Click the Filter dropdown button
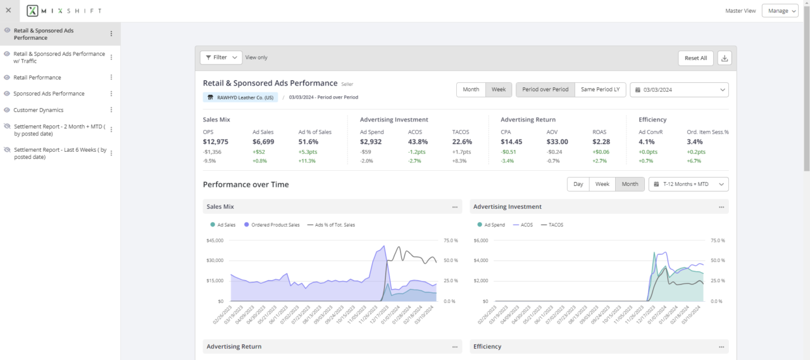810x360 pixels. [221, 58]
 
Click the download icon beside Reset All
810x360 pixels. [725, 58]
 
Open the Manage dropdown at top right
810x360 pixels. [780, 11]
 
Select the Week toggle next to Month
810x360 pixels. [499, 90]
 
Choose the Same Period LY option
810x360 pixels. [600, 90]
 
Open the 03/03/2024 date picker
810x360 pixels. [679, 90]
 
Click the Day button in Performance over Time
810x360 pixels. [578, 184]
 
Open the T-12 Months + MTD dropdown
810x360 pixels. [688, 184]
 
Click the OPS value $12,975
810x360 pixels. [216, 142]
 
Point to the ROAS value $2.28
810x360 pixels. [601, 142]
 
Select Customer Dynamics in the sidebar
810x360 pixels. [39, 110]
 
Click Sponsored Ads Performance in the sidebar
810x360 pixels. [49, 94]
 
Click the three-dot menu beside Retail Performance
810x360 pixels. [111, 77]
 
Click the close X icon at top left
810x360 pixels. [8, 11]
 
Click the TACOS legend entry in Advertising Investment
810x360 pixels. [552, 225]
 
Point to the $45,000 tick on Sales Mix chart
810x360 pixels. [216, 240]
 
